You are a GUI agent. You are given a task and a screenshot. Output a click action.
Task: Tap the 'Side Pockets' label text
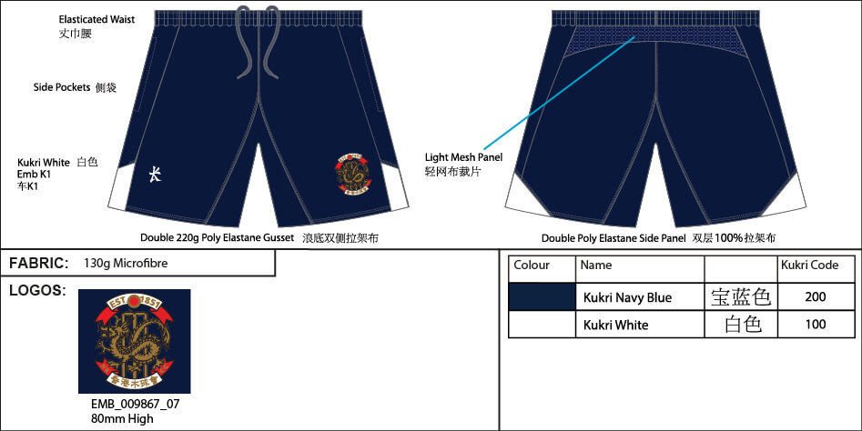(x=62, y=87)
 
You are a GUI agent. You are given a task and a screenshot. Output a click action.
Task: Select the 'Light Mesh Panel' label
(x=463, y=157)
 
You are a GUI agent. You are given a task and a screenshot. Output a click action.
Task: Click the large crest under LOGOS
(x=134, y=341)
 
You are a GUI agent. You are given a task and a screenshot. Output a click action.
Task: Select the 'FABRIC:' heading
(x=39, y=264)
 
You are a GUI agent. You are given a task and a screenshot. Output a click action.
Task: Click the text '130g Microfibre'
(x=126, y=264)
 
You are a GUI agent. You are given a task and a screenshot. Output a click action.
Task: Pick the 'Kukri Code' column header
(x=809, y=266)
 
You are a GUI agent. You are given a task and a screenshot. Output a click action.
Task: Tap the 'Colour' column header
(x=532, y=266)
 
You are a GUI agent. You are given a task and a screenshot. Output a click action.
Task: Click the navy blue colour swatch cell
(x=542, y=296)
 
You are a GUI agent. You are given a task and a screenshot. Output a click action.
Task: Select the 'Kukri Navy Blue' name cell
(x=627, y=297)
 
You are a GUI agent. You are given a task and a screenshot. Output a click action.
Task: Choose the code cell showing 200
(x=816, y=297)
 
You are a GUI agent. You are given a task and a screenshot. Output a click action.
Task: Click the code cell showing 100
(x=816, y=325)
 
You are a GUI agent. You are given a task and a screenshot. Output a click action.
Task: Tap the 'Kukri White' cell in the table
(x=615, y=325)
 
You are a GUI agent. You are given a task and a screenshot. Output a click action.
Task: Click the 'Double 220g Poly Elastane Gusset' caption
(x=217, y=238)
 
